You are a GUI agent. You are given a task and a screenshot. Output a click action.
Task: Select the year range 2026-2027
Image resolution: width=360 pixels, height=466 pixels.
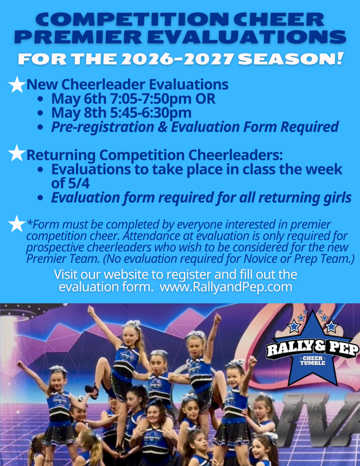tap(177, 59)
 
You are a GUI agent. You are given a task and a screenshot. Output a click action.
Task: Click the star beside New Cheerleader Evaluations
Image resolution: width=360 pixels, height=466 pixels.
tap(17, 85)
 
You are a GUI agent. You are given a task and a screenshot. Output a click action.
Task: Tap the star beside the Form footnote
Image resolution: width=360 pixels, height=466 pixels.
tap(17, 224)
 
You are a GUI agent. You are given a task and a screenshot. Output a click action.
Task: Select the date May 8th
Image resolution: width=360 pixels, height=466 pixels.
tap(79, 113)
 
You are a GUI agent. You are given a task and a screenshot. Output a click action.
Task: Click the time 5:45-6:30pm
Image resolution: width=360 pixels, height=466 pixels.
tap(151, 113)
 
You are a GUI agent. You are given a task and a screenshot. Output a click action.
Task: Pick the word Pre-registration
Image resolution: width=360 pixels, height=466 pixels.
tap(102, 127)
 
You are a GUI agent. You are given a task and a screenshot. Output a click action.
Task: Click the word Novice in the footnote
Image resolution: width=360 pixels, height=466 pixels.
tap(258, 259)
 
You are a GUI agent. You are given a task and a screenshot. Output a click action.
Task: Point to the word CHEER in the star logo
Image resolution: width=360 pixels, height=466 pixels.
tap(313, 358)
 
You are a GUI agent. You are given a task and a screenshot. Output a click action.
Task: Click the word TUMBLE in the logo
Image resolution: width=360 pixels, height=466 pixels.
tap(313, 363)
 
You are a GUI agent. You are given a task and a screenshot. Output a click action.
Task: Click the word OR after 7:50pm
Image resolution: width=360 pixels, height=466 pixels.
tap(205, 99)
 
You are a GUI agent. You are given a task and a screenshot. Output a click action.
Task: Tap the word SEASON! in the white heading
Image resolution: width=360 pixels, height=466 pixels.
tap(291, 59)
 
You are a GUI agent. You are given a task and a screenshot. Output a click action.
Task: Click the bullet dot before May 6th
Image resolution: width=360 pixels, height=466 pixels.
tap(41, 99)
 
